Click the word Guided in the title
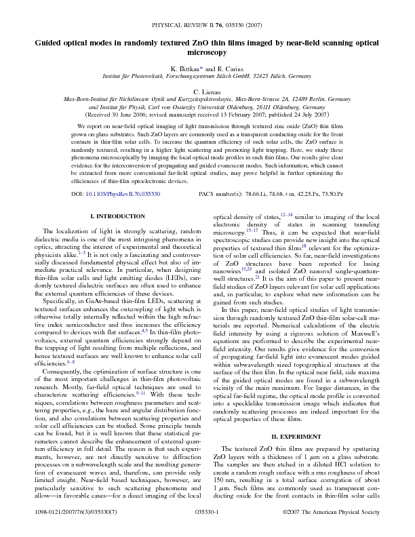[52, 41]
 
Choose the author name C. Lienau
[207, 91]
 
